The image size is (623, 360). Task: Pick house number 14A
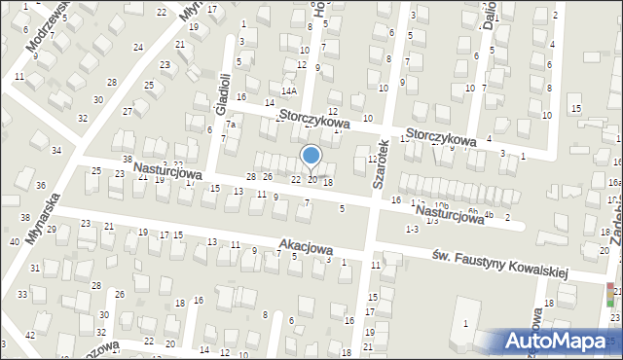[x=289, y=90]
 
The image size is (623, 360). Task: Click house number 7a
[x=232, y=125]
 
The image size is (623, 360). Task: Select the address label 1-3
[x=412, y=228]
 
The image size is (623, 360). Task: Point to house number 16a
[x=614, y=182]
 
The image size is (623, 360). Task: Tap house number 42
[x=30, y=334]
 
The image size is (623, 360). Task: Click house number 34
[x=56, y=150]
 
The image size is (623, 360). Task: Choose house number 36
[x=40, y=185]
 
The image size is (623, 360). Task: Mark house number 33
[x=21, y=294]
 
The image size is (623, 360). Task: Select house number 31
[x=35, y=268]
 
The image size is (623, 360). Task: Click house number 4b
[x=489, y=214]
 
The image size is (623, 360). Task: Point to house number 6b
[x=472, y=210]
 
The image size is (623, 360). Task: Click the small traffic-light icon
[x=610, y=294]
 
